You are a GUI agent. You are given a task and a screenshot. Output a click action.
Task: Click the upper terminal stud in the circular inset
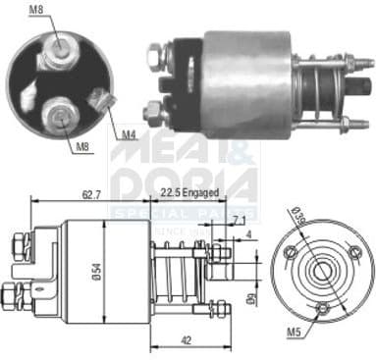coord(61,44)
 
